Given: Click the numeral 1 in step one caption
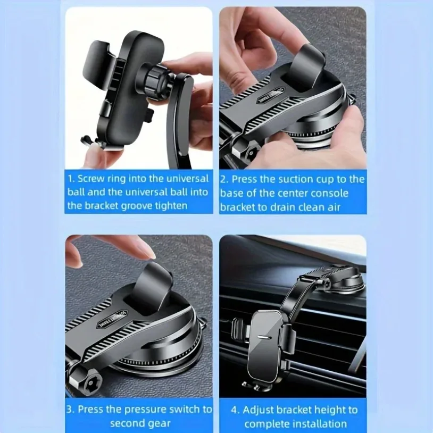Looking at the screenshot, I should pos(70,179).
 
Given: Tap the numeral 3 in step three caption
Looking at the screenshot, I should pos(70,410).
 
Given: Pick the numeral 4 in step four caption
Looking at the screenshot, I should pos(235,410).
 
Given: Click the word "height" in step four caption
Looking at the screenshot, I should pos(328,410).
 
